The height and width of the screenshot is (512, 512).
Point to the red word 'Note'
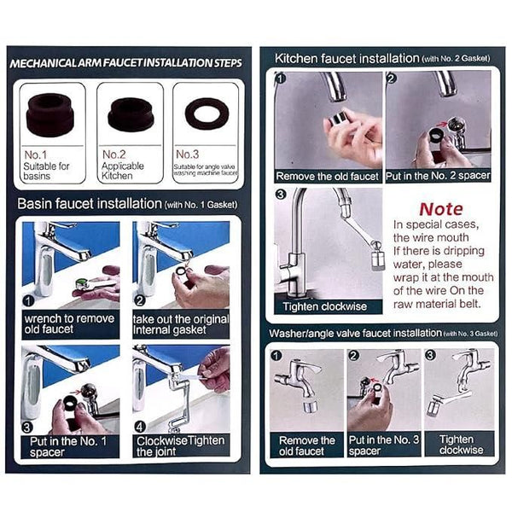(x=440, y=209)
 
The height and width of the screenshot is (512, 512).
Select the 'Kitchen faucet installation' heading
(x=346, y=58)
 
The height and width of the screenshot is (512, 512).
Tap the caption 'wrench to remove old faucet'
(x=70, y=323)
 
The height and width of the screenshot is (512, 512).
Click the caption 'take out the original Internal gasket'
(x=182, y=323)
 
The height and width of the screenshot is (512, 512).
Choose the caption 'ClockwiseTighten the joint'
(x=182, y=446)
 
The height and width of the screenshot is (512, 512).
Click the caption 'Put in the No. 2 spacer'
(x=438, y=176)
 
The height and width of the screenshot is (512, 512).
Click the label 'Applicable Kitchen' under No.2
(x=124, y=171)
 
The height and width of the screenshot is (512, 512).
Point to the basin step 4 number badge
(x=140, y=424)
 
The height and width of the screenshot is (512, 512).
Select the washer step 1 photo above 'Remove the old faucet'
(x=306, y=389)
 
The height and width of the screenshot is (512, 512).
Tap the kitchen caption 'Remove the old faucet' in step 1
(x=328, y=176)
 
